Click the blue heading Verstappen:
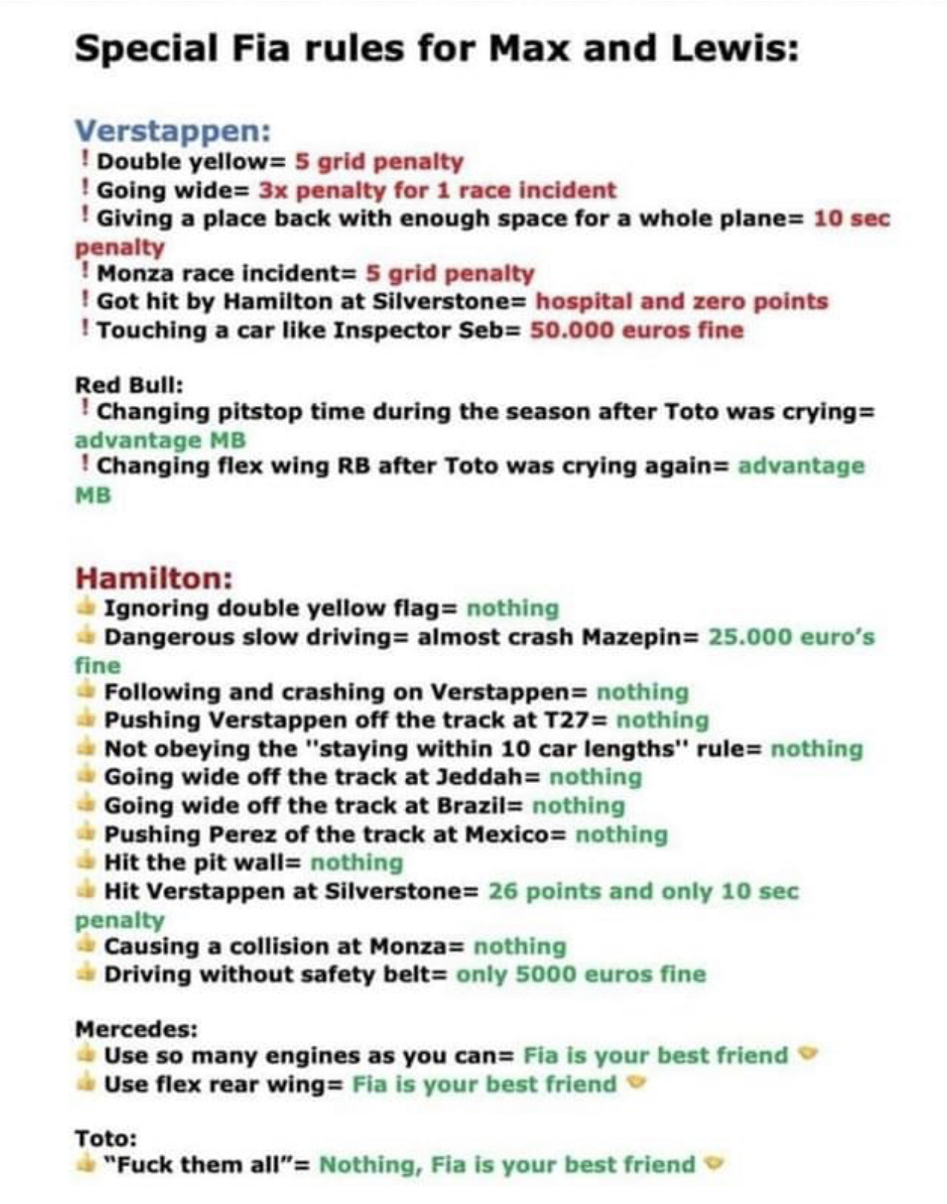tap(173, 131)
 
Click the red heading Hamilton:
tap(154, 579)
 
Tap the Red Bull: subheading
tap(129, 385)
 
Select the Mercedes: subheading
tap(136, 1029)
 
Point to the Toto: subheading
tap(106, 1137)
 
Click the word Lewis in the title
tap(734, 49)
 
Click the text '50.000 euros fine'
tap(636, 330)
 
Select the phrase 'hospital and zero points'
tap(681, 301)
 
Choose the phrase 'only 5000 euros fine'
tap(580, 974)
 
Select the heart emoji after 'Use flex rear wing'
tap(638, 1084)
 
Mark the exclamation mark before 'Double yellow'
tap(86, 161)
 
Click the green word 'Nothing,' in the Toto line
tap(369, 1165)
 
